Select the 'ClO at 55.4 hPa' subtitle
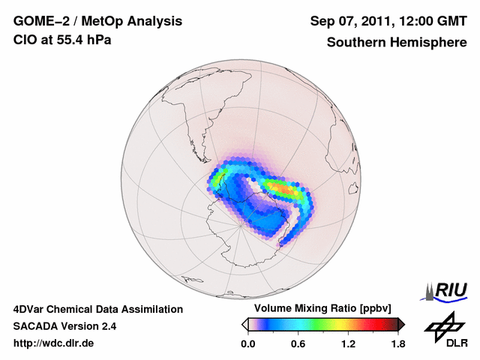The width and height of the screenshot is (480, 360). (x=63, y=40)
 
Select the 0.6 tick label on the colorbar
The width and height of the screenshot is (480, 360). (x=298, y=344)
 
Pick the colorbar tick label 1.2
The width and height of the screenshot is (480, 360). (x=348, y=344)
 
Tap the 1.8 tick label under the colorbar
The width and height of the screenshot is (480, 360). (x=397, y=344)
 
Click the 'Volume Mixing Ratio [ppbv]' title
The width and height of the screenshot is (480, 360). (x=322, y=308)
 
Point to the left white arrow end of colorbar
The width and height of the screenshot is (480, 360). (x=244, y=324)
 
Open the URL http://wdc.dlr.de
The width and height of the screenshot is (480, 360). (x=54, y=344)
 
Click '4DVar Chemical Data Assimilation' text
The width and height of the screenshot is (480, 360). (x=98, y=309)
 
